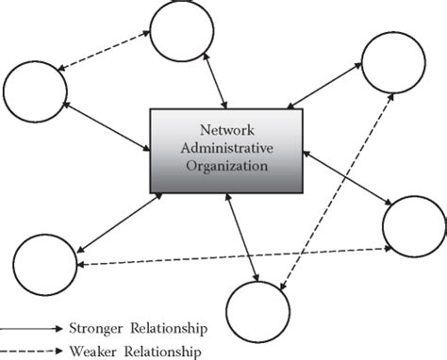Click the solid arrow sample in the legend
(x=28, y=330)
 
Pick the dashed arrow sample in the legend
(x=28, y=352)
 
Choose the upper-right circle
(x=396, y=64)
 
